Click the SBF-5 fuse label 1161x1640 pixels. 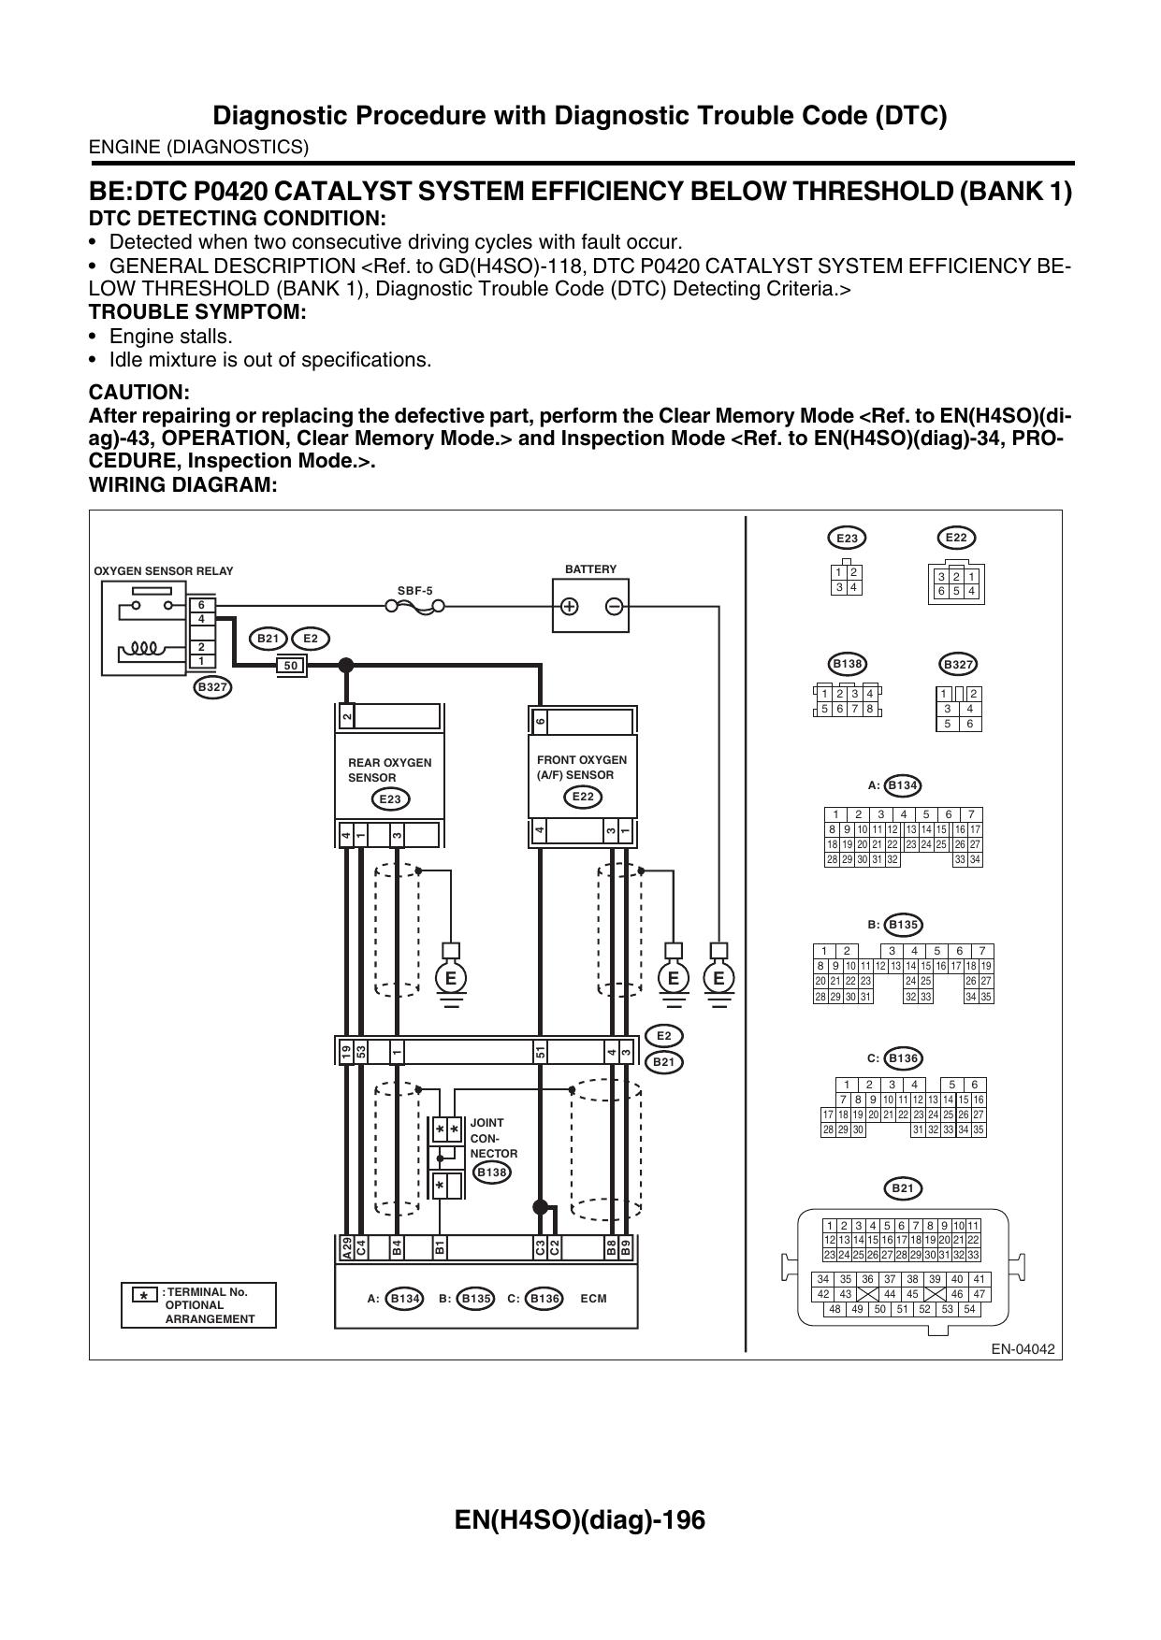415,591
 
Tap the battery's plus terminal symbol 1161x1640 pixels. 569,606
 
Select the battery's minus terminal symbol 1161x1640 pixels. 614,606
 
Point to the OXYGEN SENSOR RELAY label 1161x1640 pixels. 164,571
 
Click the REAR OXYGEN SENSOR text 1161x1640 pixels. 390,770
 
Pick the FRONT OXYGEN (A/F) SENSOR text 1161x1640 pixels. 582,767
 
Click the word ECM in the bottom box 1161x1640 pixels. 593,1299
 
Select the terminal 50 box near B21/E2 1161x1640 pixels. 291,666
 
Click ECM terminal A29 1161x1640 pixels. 347,1247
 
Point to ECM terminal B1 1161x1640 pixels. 439,1247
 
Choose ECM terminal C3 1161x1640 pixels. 540,1247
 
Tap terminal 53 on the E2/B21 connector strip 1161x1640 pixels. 360,1052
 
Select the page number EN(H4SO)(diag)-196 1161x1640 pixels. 580,1519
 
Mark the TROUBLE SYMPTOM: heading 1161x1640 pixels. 197,312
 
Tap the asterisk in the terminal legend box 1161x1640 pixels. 142,1296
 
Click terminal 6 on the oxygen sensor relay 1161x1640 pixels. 201,605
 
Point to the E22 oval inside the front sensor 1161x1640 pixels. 583,797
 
